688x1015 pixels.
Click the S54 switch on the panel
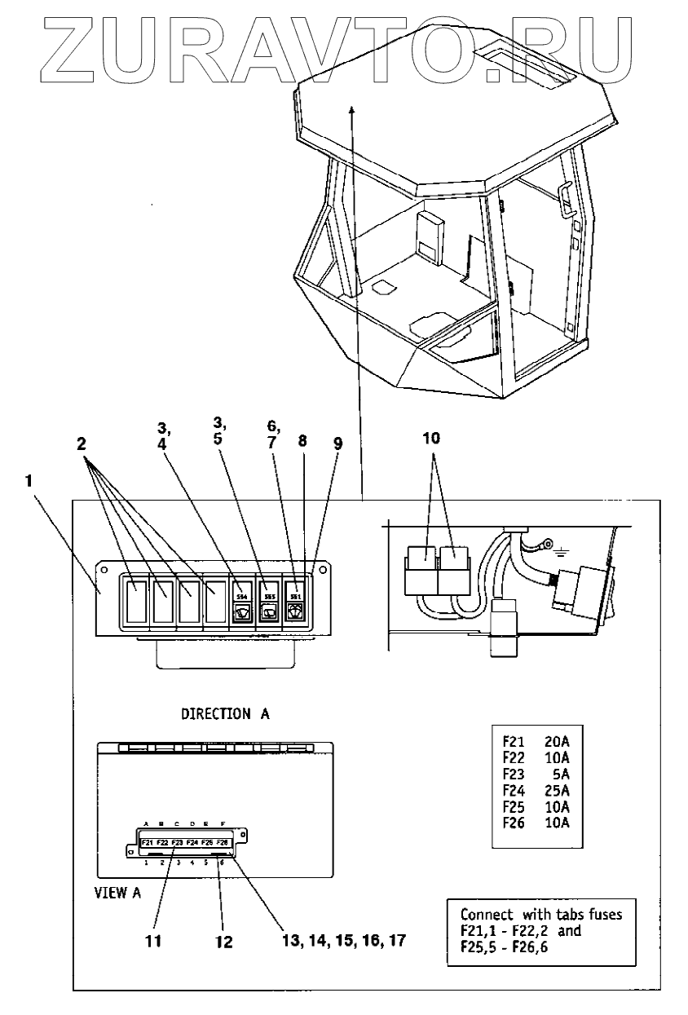(x=241, y=602)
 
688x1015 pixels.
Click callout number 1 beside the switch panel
(x=29, y=483)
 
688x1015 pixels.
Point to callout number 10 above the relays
(x=431, y=438)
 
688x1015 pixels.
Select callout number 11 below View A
(x=152, y=942)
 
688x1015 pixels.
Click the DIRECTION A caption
(x=225, y=713)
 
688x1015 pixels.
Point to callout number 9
(x=337, y=444)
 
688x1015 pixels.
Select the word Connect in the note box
(x=486, y=914)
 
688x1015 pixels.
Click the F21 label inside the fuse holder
(x=148, y=842)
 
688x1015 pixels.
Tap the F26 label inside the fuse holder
(x=223, y=842)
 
